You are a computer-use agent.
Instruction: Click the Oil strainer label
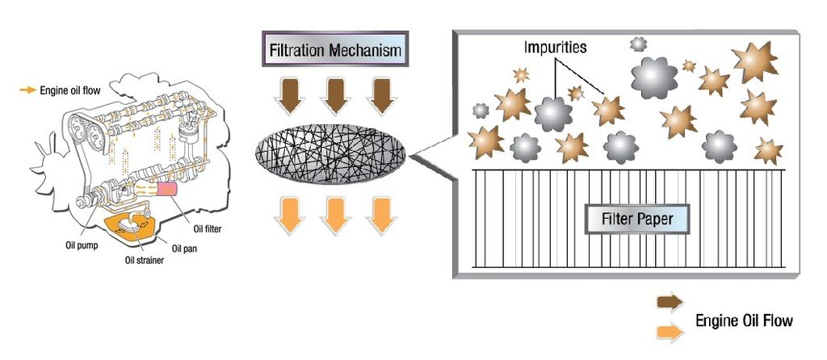(x=144, y=260)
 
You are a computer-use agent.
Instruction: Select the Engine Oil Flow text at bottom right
(x=744, y=320)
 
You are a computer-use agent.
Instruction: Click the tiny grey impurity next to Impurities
(x=638, y=44)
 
